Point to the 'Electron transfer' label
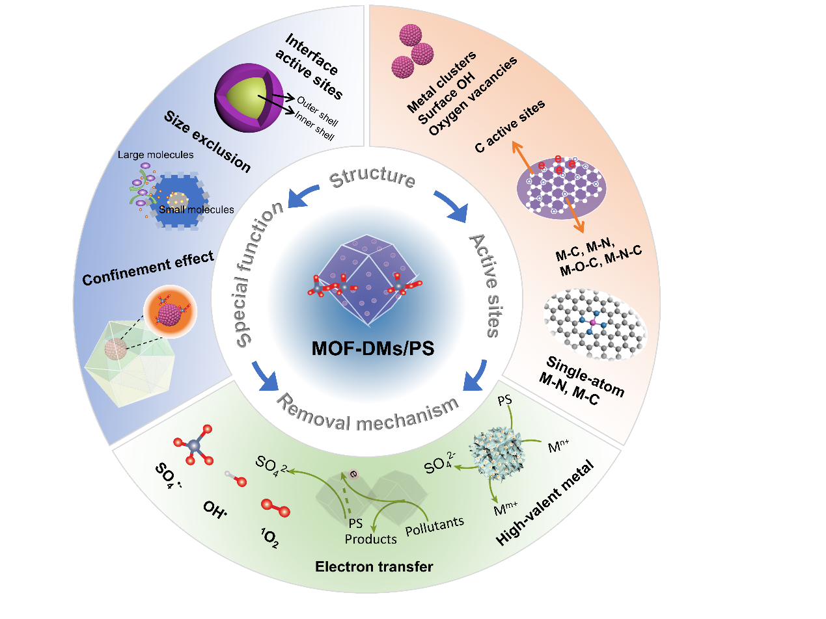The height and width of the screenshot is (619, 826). [374, 567]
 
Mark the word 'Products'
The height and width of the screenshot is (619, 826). [371, 539]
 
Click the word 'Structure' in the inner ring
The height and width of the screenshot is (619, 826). [372, 178]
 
